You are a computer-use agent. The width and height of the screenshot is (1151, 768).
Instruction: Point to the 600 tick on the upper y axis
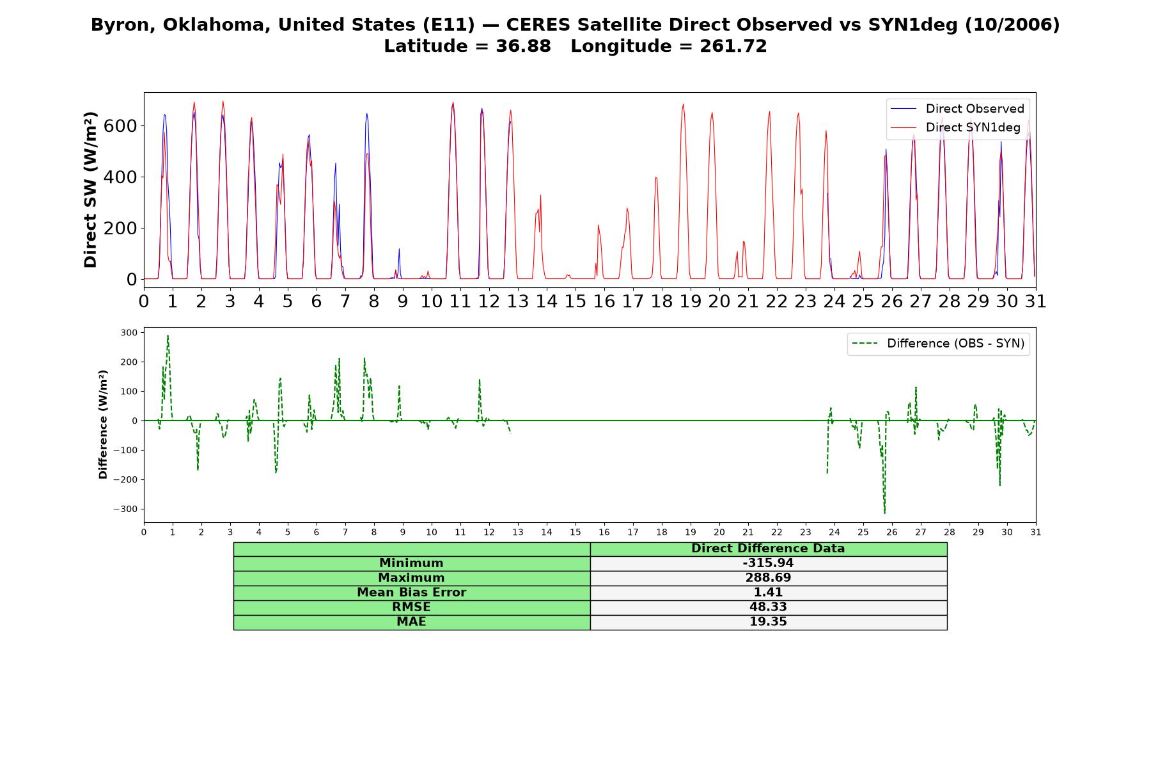coord(120,125)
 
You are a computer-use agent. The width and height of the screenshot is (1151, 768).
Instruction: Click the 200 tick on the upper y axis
coord(120,228)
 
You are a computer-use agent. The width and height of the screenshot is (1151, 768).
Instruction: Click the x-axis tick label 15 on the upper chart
coord(575,301)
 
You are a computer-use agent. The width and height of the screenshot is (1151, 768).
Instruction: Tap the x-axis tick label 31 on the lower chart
coord(1035,532)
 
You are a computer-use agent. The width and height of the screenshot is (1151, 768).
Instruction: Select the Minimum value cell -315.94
coord(768,563)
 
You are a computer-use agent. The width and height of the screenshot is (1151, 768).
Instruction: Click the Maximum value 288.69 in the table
coord(768,578)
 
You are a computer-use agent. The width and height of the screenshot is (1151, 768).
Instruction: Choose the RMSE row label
coord(411,607)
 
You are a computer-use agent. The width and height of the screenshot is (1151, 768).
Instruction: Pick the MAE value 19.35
coord(768,622)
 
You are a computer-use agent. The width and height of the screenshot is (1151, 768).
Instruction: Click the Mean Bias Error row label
coord(411,593)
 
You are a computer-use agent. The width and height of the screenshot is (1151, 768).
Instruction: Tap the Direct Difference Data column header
coord(768,548)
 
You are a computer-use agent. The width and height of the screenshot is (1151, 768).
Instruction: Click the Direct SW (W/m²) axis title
coord(91,189)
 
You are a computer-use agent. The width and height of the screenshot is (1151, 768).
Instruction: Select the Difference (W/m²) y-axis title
coord(103,424)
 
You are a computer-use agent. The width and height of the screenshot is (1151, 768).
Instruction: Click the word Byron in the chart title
coord(118,25)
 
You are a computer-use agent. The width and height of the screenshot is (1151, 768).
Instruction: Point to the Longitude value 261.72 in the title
coord(733,46)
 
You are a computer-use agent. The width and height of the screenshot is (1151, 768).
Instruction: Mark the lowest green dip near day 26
coord(885,513)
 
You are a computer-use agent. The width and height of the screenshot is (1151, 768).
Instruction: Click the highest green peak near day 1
coord(168,335)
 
